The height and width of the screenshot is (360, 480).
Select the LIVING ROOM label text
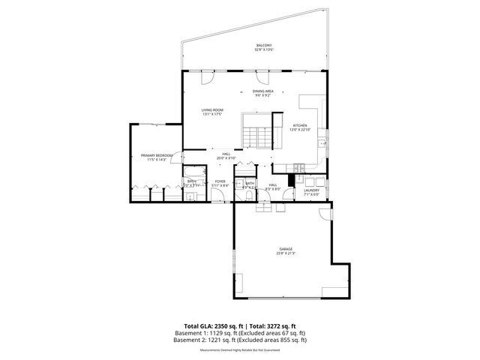click(x=212, y=110)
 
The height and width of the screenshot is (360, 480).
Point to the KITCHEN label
click(x=300, y=125)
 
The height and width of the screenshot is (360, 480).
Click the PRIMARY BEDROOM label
click(x=157, y=155)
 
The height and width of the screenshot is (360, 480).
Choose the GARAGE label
click(x=286, y=248)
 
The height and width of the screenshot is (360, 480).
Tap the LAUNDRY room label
click(x=311, y=190)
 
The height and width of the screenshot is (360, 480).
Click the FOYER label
click(x=220, y=181)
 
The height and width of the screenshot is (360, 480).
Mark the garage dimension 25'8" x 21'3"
click(x=286, y=253)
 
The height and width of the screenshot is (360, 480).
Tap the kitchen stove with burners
click(x=299, y=166)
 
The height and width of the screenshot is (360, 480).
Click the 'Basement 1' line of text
click(x=239, y=333)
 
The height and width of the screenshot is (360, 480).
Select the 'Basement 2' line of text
click(x=239, y=340)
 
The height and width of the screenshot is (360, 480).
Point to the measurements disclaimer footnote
click(x=239, y=349)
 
